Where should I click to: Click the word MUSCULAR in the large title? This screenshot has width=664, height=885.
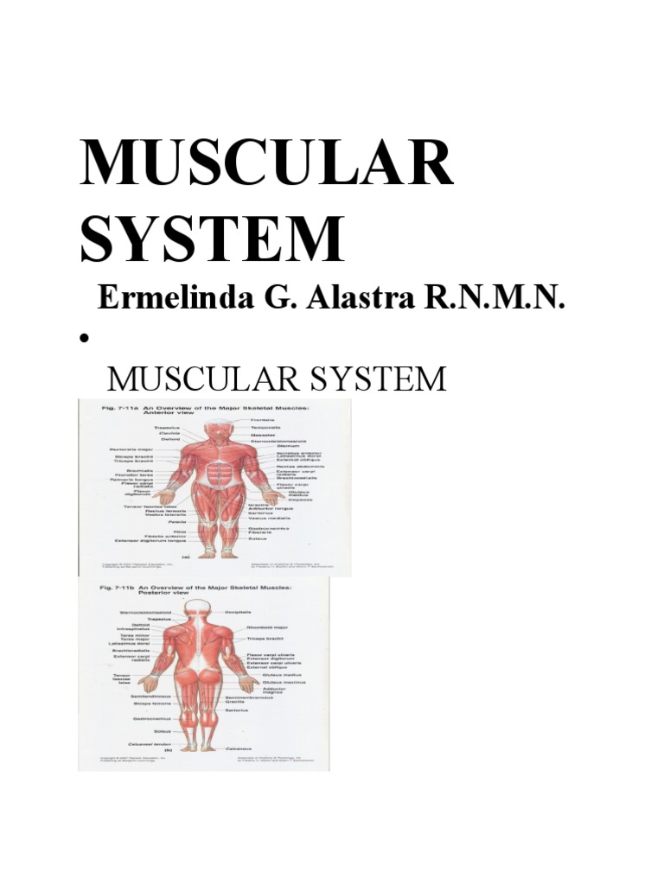(x=266, y=164)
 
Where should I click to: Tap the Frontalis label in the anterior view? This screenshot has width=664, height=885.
(x=262, y=420)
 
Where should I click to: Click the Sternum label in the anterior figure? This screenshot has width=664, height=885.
(x=289, y=446)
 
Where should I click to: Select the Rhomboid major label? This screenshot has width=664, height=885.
(x=271, y=627)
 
